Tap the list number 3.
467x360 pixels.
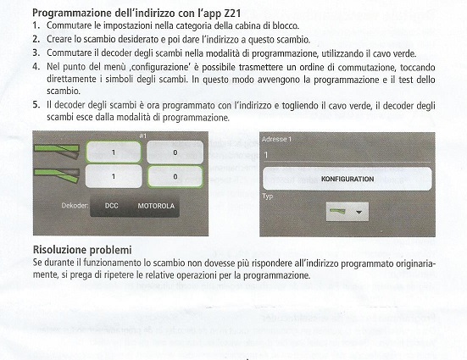click(36, 53)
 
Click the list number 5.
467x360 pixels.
click(36, 105)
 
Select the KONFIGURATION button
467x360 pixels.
click(347, 179)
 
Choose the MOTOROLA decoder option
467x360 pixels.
click(156, 206)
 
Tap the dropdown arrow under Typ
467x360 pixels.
click(359, 212)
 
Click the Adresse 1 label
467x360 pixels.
click(276, 139)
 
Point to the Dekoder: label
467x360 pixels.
click(75, 206)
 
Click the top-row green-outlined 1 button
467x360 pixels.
click(114, 152)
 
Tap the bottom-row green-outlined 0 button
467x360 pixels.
click(175, 176)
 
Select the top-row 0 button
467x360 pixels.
click(175, 152)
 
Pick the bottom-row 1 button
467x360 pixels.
click(114, 176)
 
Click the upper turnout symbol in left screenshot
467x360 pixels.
click(57, 151)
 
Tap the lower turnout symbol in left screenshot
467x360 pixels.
click(57, 175)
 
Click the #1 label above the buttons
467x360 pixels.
click(143, 136)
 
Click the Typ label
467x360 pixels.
click(268, 197)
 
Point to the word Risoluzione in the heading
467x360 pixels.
click(59, 250)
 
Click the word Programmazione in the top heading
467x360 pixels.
click(72, 14)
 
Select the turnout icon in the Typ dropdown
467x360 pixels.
click(337, 212)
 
